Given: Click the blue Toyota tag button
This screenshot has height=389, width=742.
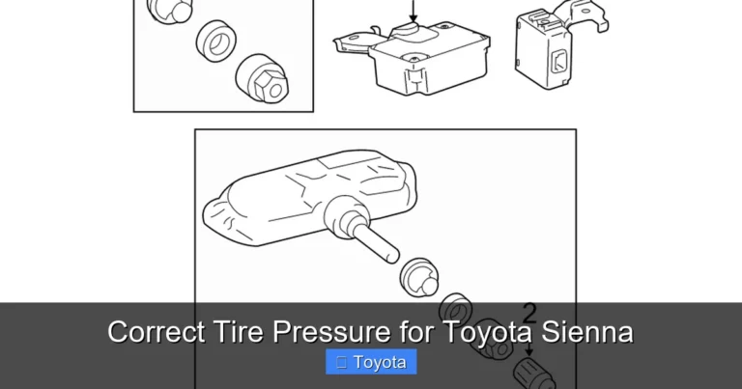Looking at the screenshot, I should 371,363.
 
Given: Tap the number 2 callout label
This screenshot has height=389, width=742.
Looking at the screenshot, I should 528,312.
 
